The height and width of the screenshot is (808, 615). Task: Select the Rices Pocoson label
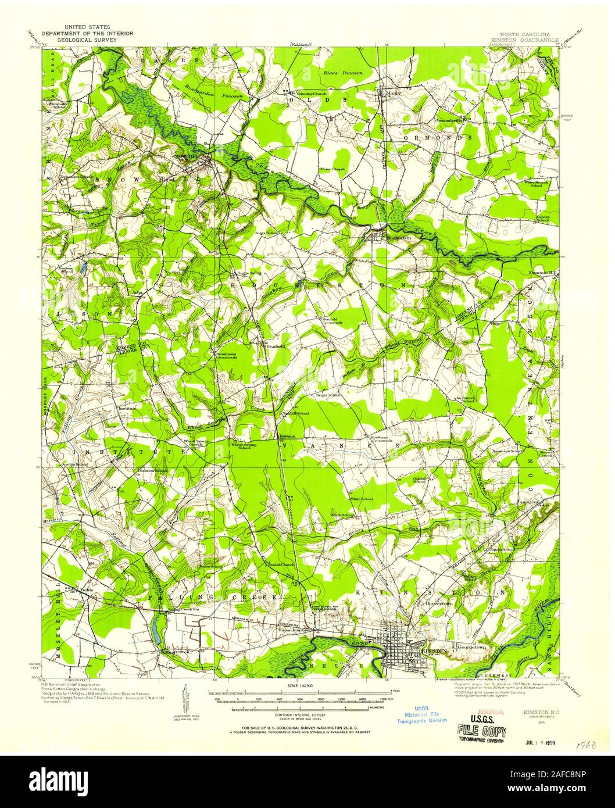pos(342,73)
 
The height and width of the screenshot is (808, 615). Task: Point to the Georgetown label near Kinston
pos(471,646)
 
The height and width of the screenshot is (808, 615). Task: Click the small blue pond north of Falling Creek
pos(156,631)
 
